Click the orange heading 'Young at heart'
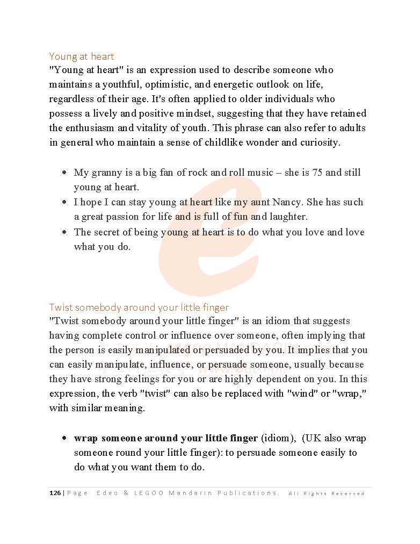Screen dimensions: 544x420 click(x=82, y=56)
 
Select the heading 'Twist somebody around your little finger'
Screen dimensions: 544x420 click(x=139, y=307)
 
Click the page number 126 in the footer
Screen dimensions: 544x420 click(x=55, y=493)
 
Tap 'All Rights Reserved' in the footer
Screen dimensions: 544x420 click(x=327, y=493)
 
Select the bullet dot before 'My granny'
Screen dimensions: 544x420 click(x=64, y=173)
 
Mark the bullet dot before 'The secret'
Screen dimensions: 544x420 click(x=64, y=232)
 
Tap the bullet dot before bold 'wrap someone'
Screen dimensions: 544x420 click(x=64, y=438)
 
